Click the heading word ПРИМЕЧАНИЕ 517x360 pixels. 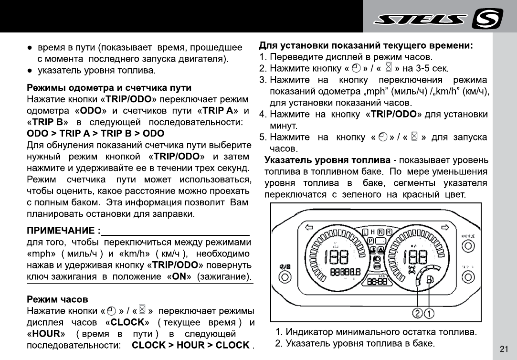point(62,231)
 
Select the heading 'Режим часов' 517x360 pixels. point(57,299)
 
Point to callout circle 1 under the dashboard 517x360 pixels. point(430,314)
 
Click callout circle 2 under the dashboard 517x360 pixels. point(418,314)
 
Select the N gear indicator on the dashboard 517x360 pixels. point(381,232)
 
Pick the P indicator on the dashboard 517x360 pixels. point(370,241)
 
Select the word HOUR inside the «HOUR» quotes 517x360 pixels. point(49,333)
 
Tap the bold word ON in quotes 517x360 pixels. point(179,276)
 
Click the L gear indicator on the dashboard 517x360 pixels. point(366,232)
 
